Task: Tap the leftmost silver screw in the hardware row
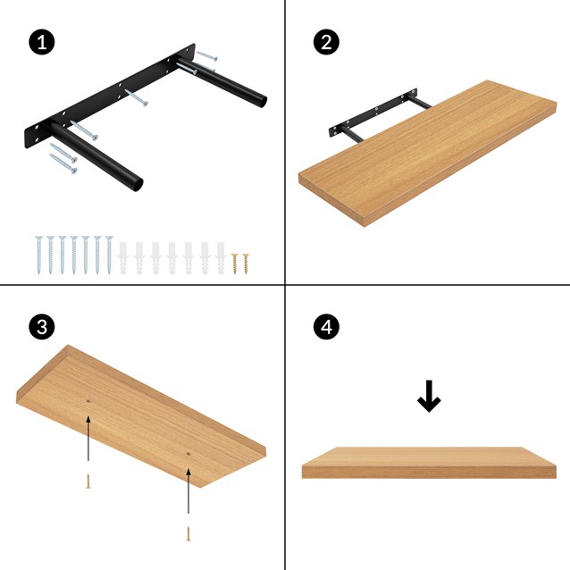[x=39, y=255]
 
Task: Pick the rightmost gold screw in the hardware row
[x=246, y=263]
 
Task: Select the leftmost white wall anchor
[x=123, y=255]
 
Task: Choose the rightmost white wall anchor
[x=220, y=255]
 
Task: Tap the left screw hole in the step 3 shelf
[x=88, y=403]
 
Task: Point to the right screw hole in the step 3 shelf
[x=189, y=455]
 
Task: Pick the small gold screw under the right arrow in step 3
[x=189, y=533]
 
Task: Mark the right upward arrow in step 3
[x=189, y=491]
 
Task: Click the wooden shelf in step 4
[x=429, y=462]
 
